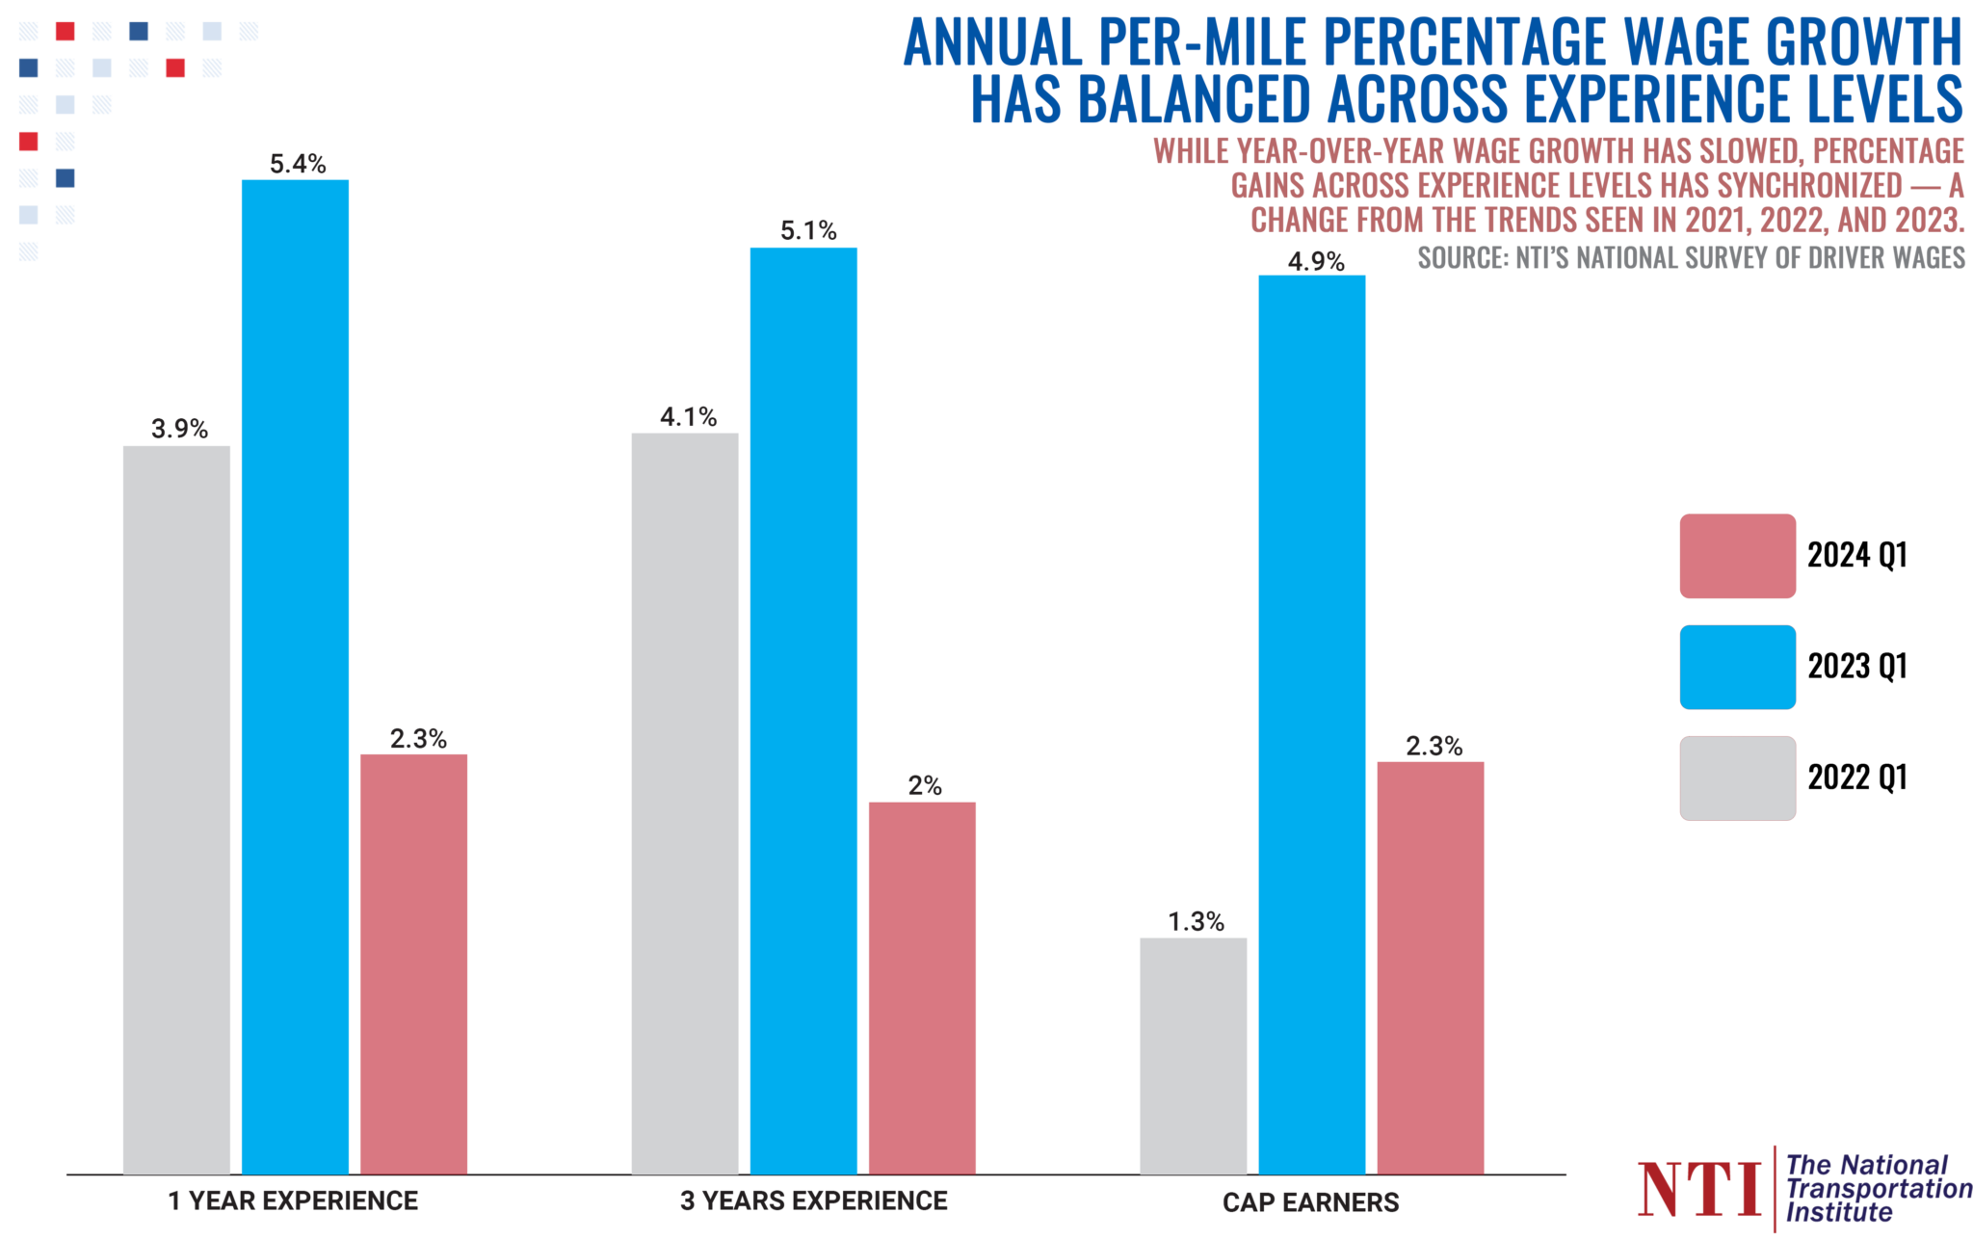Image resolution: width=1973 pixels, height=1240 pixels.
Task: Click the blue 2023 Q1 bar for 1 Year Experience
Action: coord(295,674)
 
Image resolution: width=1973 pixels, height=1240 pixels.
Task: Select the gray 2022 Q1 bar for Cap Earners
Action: coord(1193,1055)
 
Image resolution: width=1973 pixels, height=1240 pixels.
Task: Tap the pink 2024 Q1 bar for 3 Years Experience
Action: coord(922,988)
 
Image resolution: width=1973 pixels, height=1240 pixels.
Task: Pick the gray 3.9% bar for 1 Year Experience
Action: coord(176,809)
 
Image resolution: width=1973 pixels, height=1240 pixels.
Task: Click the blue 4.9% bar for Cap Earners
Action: coord(1311,723)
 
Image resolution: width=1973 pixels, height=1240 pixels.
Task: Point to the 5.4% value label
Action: coord(298,164)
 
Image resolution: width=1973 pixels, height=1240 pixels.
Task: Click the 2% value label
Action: coord(925,785)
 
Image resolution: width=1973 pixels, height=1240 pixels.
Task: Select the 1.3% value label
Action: coord(1196,922)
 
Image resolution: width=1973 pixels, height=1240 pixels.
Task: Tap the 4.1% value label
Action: coord(688,417)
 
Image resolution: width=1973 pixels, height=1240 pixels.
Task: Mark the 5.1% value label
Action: coord(808,230)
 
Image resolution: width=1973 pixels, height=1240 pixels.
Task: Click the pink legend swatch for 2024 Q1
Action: coord(1737,556)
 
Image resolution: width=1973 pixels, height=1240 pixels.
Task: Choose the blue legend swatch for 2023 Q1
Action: coord(1737,667)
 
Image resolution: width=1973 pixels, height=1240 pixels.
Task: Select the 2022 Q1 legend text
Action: coord(1856,778)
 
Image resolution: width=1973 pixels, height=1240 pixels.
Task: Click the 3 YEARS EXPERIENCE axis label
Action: coord(814,1200)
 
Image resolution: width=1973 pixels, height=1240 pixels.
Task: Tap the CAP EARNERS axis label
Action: coord(1310,1202)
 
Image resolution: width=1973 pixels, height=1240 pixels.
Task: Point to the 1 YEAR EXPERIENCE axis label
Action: coord(293,1200)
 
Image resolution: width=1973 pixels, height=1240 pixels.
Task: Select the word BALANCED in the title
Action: coord(1195,99)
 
